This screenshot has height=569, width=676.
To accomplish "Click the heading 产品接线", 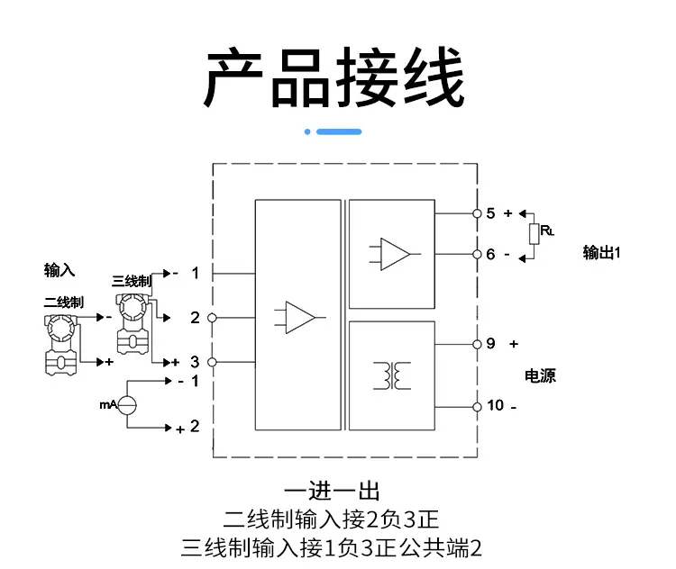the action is pyautogui.click(x=334, y=77).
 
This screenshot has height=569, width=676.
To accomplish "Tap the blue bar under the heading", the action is pyautogui.click(x=339, y=131).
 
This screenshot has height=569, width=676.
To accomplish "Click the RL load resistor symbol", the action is pyautogui.click(x=534, y=234).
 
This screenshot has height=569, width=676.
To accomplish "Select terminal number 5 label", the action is pyautogui.click(x=490, y=213).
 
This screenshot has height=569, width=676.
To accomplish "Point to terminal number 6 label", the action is pyautogui.click(x=490, y=254).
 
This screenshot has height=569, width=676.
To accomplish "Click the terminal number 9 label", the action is pyautogui.click(x=490, y=344).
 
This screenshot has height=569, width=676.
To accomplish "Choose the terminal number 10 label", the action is pyautogui.click(x=495, y=405).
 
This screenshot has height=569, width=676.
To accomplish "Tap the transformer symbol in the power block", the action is pyautogui.click(x=392, y=375).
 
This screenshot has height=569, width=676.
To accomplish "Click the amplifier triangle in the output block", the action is pyautogui.click(x=395, y=254).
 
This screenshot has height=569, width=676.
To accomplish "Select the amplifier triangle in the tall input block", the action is pyautogui.click(x=300, y=318).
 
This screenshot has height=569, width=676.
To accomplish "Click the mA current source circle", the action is pyautogui.click(x=127, y=405).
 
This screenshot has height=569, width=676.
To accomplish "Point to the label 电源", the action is pyautogui.click(x=540, y=376).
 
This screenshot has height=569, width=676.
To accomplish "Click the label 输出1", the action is pyautogui.click(x=602, y=252).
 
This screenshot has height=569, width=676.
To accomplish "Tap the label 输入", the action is pyautogui.click(x=59, y=270).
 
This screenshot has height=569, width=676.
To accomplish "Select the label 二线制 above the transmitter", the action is pyautogui.click(x=63, y=302).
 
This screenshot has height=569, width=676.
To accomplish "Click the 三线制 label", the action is pyautogui.click(x=132, y=281).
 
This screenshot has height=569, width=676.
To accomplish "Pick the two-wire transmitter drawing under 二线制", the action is pyautogui.click(x=61, y=345).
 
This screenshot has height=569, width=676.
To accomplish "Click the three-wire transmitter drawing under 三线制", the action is pyautogui.click(x=132, y=324).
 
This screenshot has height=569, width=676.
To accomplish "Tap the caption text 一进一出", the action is pyautogui.click(x=332, y=491).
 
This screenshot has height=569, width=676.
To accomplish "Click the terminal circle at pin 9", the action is pyautogui.click(x=477, y=344).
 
